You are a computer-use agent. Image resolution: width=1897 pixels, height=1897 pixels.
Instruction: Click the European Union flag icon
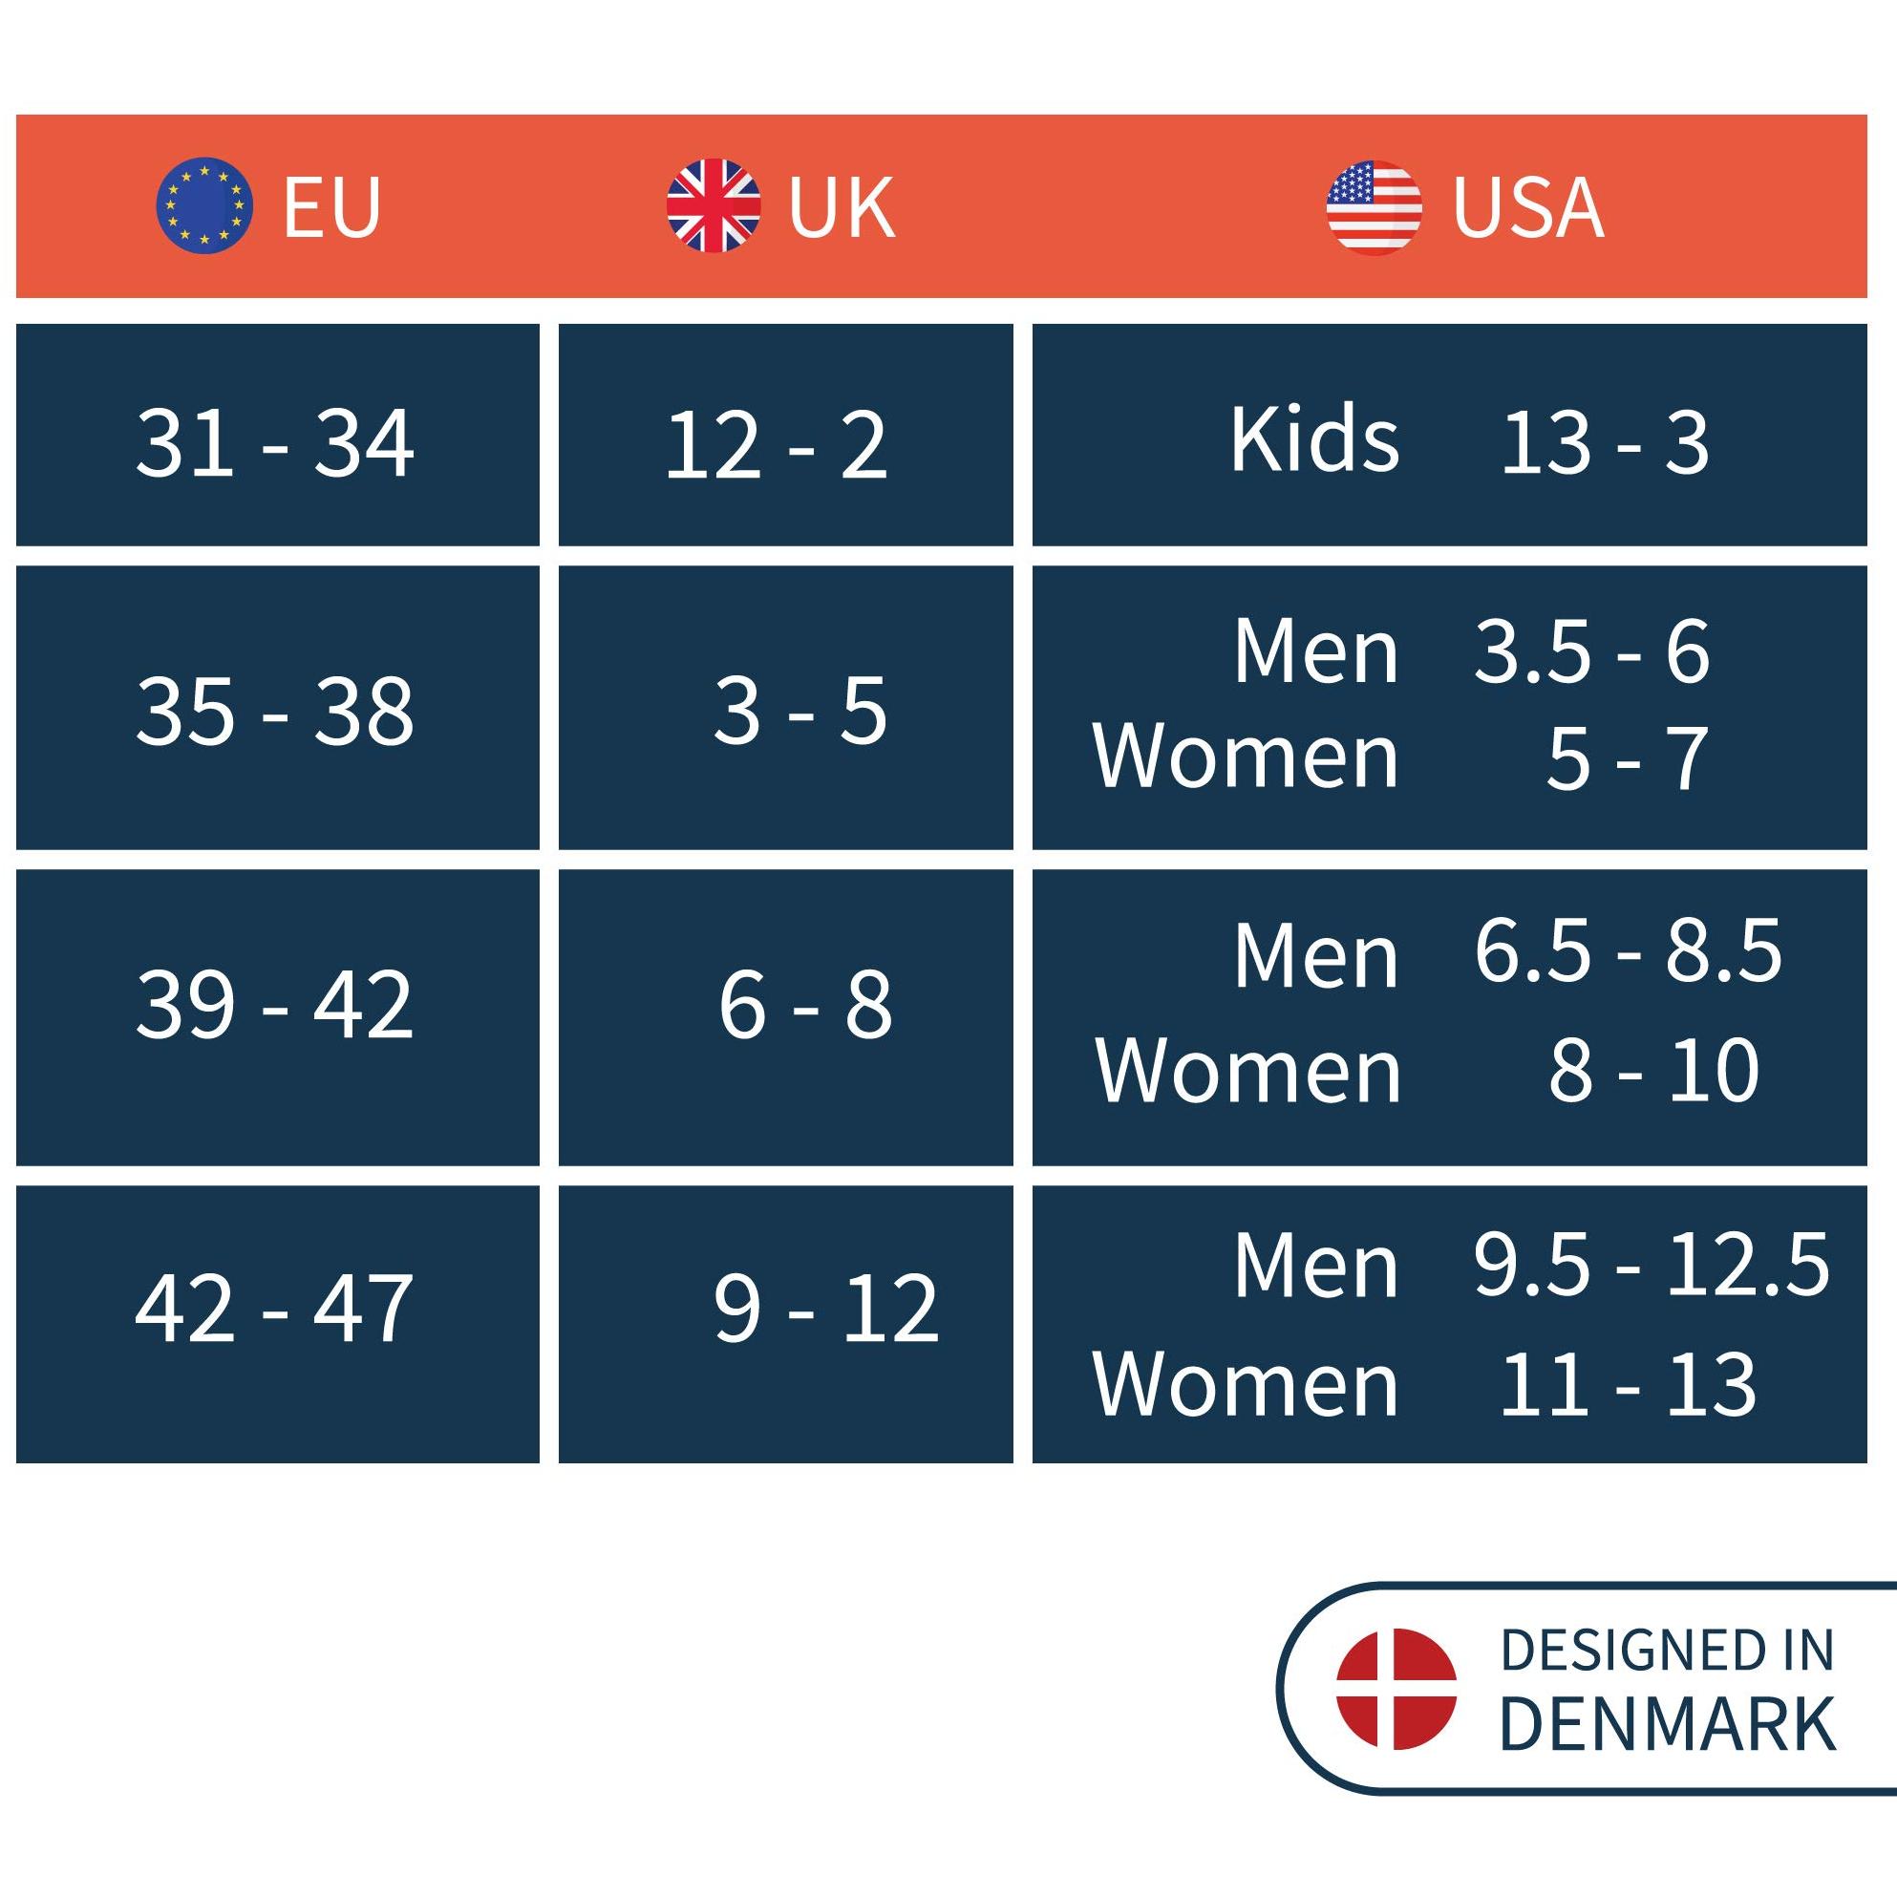pyautogui.click(x=204, y=205)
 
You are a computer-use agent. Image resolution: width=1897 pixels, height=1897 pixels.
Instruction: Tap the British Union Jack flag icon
pyautogui.click(x=713, y=205)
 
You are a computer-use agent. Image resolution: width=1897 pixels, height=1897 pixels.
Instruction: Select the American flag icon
pyautogui.click(x=1374, y=207)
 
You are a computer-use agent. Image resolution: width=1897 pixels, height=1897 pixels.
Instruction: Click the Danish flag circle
pyautogui.click(x=1396, y=1689)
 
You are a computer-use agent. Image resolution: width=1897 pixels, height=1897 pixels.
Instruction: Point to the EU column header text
pyautogui.click(x=331, y=207)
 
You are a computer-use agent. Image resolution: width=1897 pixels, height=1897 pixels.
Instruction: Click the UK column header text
pyautogui.click(x=842, y=207)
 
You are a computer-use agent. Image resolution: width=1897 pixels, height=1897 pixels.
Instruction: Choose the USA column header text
pyautogui.click(x=1527, y=207)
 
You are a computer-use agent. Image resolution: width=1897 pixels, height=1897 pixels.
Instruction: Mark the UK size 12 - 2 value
pyautogui.click(x=776, y=446)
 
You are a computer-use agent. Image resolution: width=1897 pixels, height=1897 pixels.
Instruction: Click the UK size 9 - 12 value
pyautogui.click(x=824, y=1308)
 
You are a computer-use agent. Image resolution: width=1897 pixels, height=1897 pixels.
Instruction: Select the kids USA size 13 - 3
pyautogui.click(x=1605, y=444)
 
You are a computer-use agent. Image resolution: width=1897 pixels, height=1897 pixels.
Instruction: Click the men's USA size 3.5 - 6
pyautogui.click(x=1591, y=652)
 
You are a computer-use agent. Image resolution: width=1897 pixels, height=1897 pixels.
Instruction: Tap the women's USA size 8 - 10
pyautogui.click(x=1653, y=1070)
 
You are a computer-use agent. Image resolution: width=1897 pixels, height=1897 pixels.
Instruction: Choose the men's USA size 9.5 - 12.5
pyautogui.click(x=1652, y=1265)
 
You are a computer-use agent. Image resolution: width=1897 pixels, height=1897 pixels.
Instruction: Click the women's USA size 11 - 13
pyautogui.click(x=1628, y=1384)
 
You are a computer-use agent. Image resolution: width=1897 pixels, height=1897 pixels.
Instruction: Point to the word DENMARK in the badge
pyautogui.click(x=1667, y=1724)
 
